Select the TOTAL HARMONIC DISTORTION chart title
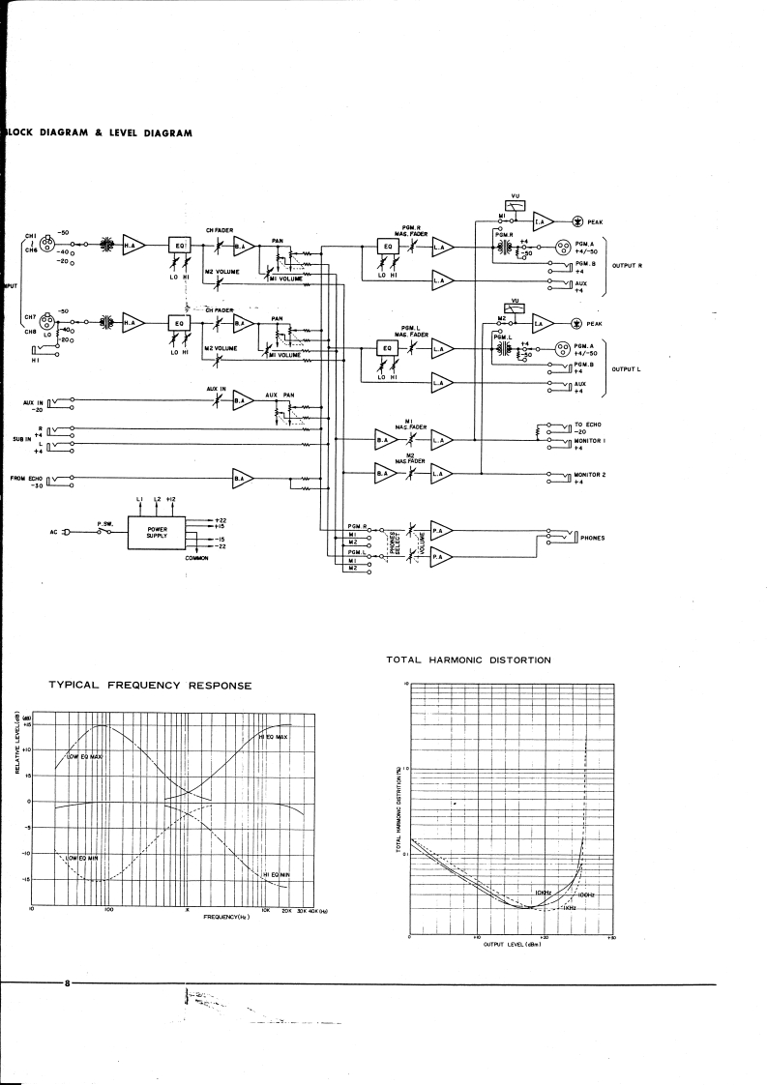tap(468, 660)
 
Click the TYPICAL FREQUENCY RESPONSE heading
tap(151, 685)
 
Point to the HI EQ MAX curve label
tap(274, 737)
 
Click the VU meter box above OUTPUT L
tap(516, 308)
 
